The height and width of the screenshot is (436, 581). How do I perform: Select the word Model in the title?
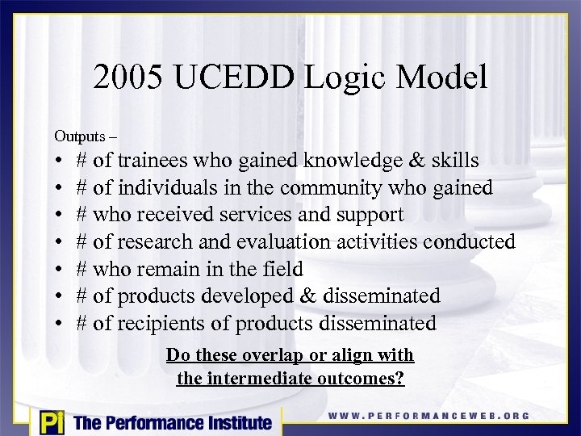(x=442, y=78)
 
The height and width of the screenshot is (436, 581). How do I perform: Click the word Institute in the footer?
(x=233, y=422)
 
